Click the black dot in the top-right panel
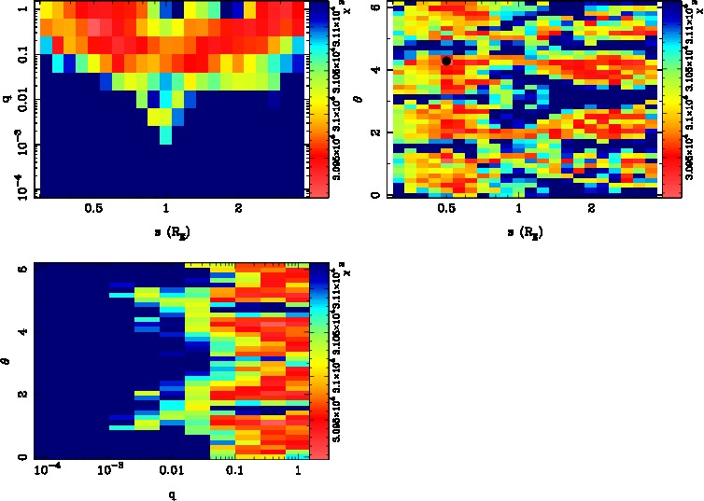(x=446, y=61)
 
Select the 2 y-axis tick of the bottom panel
(x=20, y=395)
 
